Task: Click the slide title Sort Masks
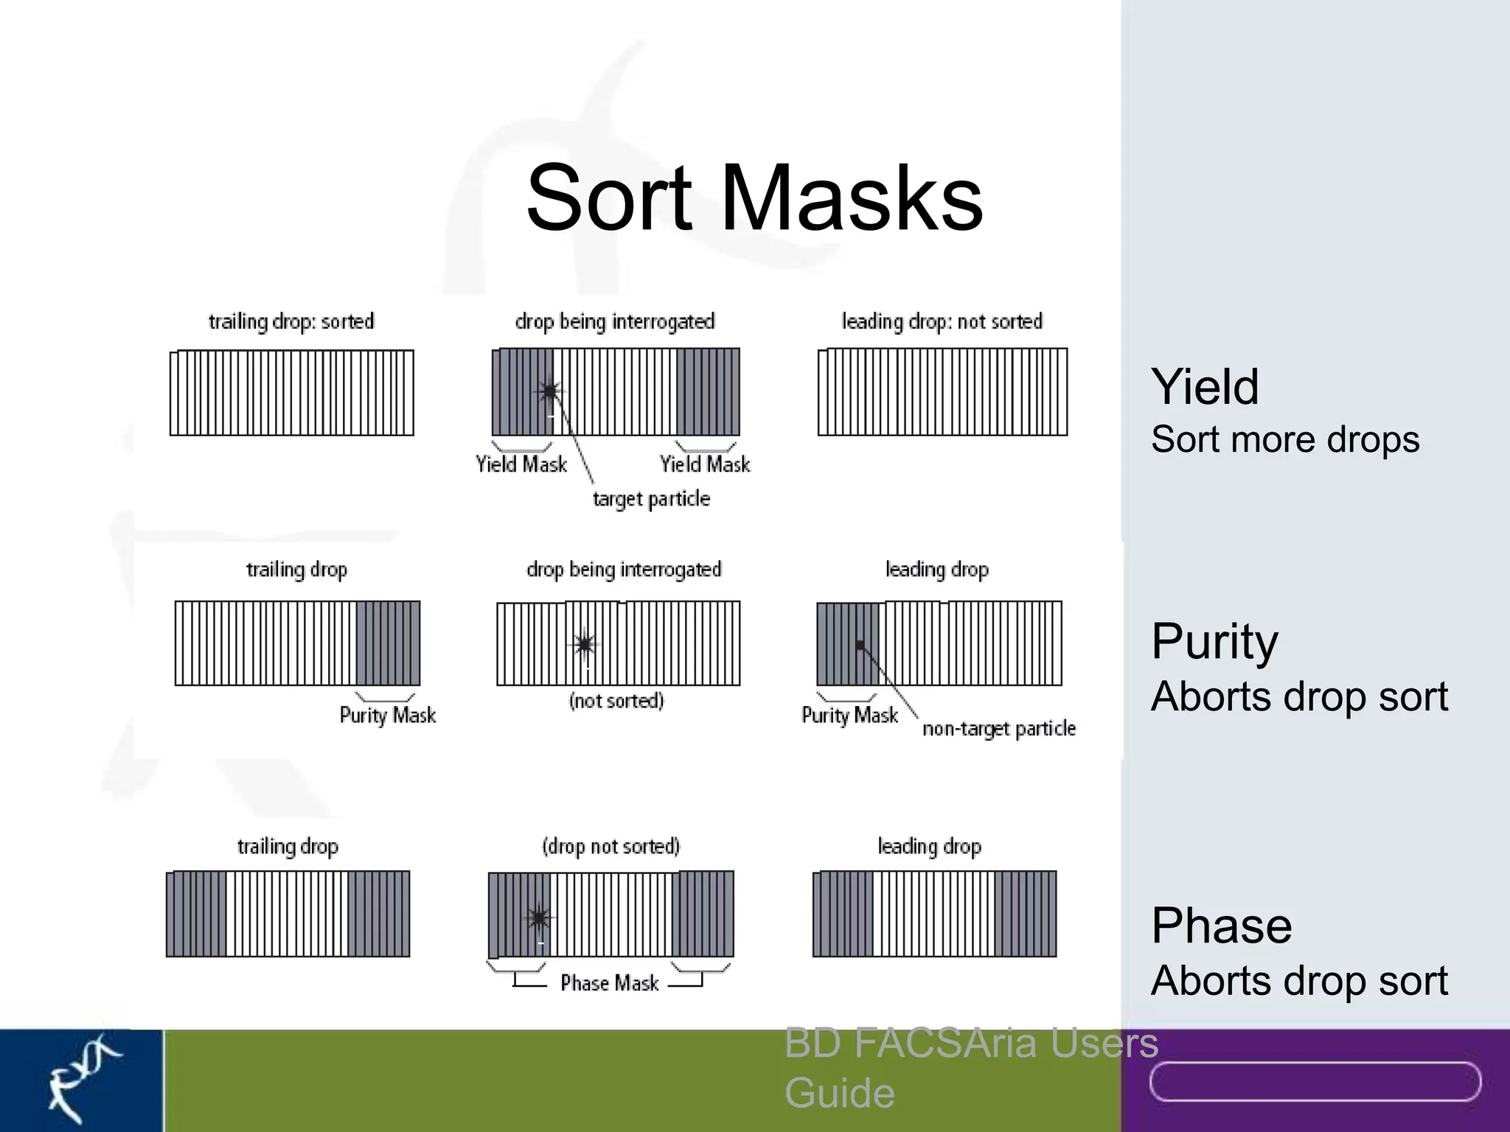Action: [754, 198]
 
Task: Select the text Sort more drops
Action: [1284, 440]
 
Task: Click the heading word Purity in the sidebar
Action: [1214, 641]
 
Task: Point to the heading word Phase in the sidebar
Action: [1221, 926]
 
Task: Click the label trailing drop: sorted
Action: [291, 322]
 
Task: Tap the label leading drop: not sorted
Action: [942, 322]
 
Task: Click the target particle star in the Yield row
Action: [549, 391]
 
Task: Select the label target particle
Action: [651, 499]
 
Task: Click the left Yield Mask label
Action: [521, 464]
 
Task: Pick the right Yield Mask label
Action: [705, 464]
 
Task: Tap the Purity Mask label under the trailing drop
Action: [387, 715]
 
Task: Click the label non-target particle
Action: [998, 729]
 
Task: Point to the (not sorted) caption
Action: [616, 701]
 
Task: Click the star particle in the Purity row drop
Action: [585, 644]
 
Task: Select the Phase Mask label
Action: [609, 983]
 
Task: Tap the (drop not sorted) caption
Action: [611, 846]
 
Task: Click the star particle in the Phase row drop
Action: [539, 918]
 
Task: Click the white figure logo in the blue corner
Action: [81, 1077]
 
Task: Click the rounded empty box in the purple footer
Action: [1315, 1081]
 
